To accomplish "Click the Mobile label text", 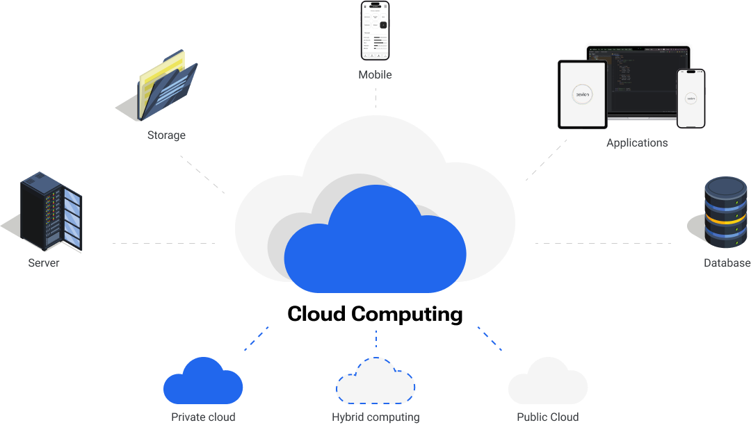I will (375, 75).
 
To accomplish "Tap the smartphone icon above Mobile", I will (375, 31).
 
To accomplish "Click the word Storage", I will (166, 135).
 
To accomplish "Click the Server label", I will (44, 263).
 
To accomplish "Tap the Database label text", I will (727, 263).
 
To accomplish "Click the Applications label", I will (636, 143).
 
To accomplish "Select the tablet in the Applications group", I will (583, 94).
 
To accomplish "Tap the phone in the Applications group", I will (691, 98).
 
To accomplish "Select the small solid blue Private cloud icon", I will (202, 383).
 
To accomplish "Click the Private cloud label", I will (203, 417).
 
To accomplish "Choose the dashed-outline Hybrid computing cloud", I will (375, 383).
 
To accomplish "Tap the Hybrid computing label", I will (375, 417).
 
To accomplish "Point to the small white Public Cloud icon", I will (547, 383).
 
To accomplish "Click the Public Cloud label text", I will (547, 417).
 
